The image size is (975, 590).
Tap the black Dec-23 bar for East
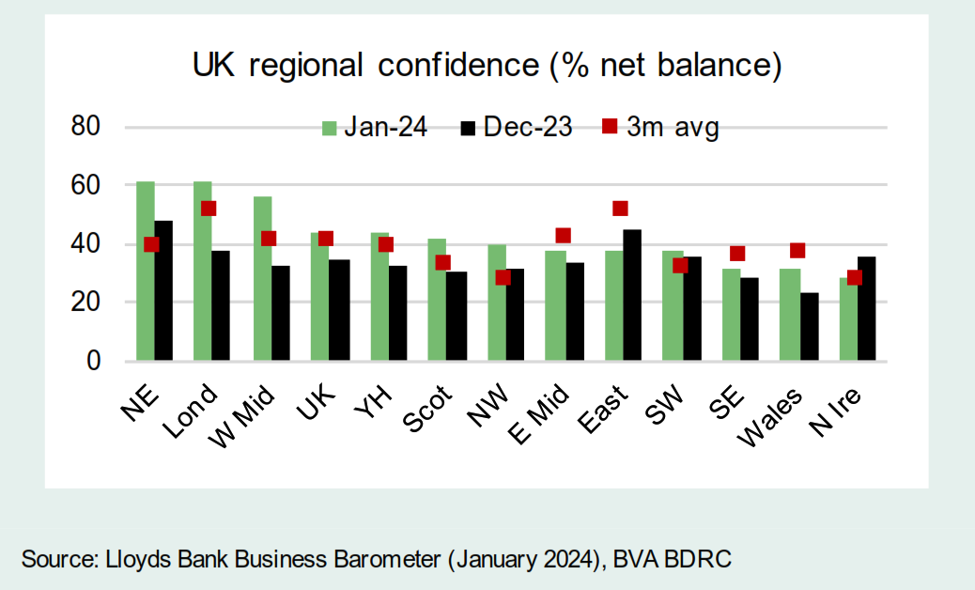632,295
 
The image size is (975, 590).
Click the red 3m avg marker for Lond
208,209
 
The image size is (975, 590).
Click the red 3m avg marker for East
619,209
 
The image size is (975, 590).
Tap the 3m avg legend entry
661,129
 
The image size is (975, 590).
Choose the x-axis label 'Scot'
428,406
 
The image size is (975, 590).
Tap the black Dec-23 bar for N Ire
866,308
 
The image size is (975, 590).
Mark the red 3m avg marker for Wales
797,251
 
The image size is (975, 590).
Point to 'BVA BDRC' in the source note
673,560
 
